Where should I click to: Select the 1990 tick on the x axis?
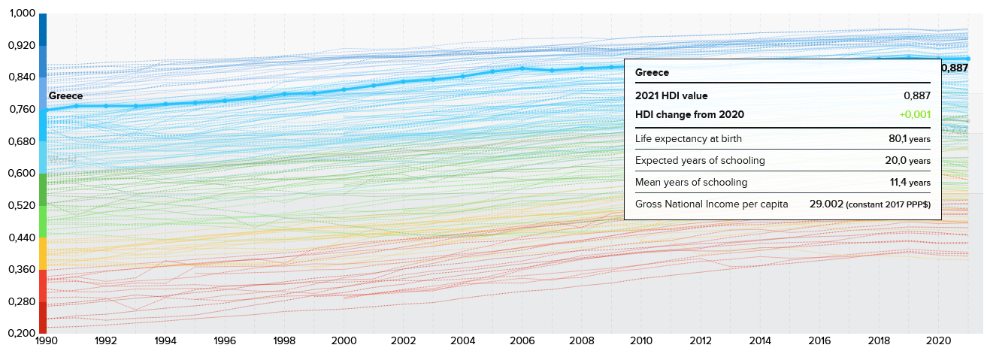pyautogui.click(x=47, y=341)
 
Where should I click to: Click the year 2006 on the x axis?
pyautogui.click(x=522, y=341)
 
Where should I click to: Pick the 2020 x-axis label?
pyautogui.click(x=938, y=341)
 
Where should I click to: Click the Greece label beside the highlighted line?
pyautogui.click(x=65, y=96)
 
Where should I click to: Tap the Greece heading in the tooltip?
pyautogui.click(x=652, y=73)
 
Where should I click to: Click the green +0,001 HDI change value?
pyautogui.click(x=915, y=114)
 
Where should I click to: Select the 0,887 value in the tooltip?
pyautogui.click(x=917, y=95)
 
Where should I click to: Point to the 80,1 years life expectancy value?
pyautogui.click(x=910, y=139)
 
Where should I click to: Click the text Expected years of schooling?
pyautogui.click(x=700, y=161)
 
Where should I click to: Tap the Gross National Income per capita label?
pyautogui.click(x=711, y=204)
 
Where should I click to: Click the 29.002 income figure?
pyautogui.click(x=826, y=204)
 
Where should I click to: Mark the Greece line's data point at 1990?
pyautogui.click(x=47, y=110)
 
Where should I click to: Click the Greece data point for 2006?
pyautogui.click(x=522, y=68)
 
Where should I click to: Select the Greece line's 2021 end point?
pyautogui.click(x=968, y=59)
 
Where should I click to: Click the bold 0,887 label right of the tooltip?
pyautogui.click(x=955, y=68)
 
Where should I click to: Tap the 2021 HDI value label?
pyautogui.click(x=671, y=95)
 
